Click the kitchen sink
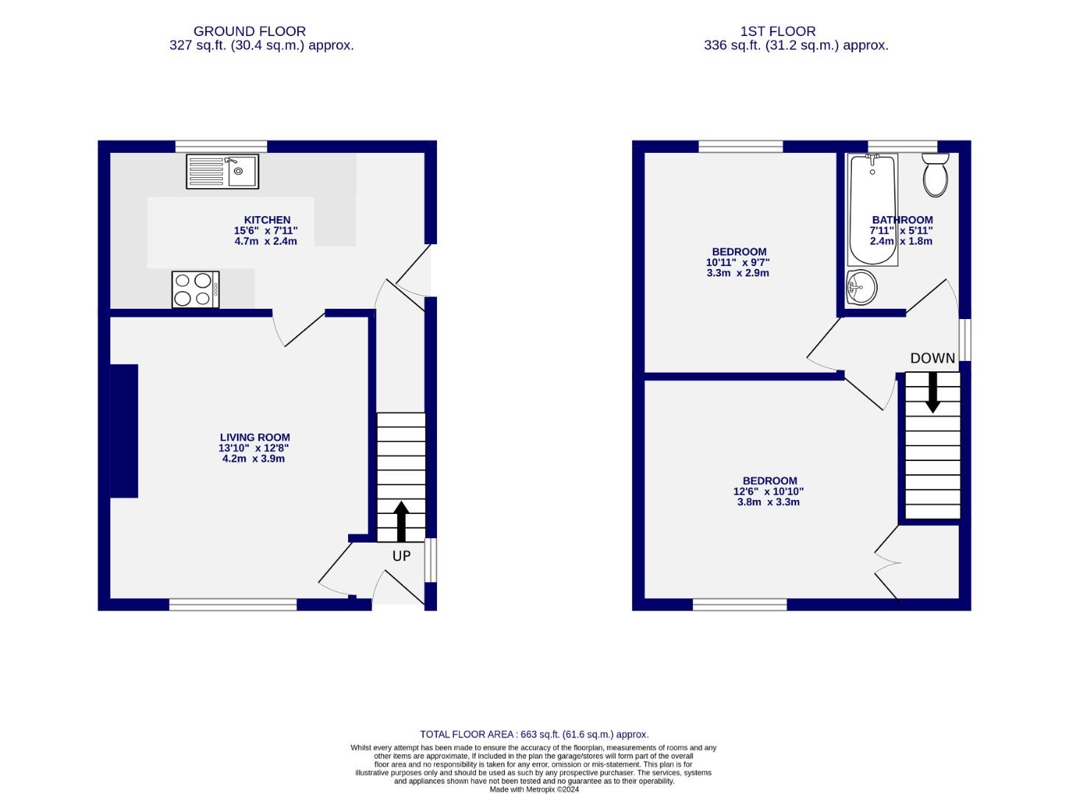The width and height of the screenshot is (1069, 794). (x=222, y=171)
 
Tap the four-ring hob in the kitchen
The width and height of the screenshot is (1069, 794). (x=196, y=289)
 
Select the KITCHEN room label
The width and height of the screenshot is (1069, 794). (x=267, y=220)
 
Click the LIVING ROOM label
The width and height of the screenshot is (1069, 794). (x=255, y=437)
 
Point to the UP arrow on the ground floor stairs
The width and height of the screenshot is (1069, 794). (x=401, y=521)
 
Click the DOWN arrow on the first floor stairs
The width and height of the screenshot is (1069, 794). (x=932, y=392)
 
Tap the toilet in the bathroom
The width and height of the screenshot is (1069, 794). (x=936, y=174)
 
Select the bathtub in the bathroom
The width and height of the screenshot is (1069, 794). (x=873, y=210)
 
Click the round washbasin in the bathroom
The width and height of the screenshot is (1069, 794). (x=861, y=287)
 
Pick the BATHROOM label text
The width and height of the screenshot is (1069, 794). (x=902, y=220)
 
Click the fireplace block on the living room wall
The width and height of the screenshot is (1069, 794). (x=124, y=431)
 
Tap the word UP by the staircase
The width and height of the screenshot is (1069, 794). (x=401, y=556)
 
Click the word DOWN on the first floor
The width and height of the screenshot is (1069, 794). (x=932, y=358)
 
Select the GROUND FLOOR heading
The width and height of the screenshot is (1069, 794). (x=249, y=32)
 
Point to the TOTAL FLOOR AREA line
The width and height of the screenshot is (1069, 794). (x=534, y=734)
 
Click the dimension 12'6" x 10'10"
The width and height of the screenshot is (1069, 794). (x=768, y=492)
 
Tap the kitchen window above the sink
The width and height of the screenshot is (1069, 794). (x=221, y=146)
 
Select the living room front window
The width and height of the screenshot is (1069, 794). (x=232, y=604)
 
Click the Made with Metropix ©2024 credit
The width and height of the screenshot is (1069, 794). (x=534, y=789)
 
